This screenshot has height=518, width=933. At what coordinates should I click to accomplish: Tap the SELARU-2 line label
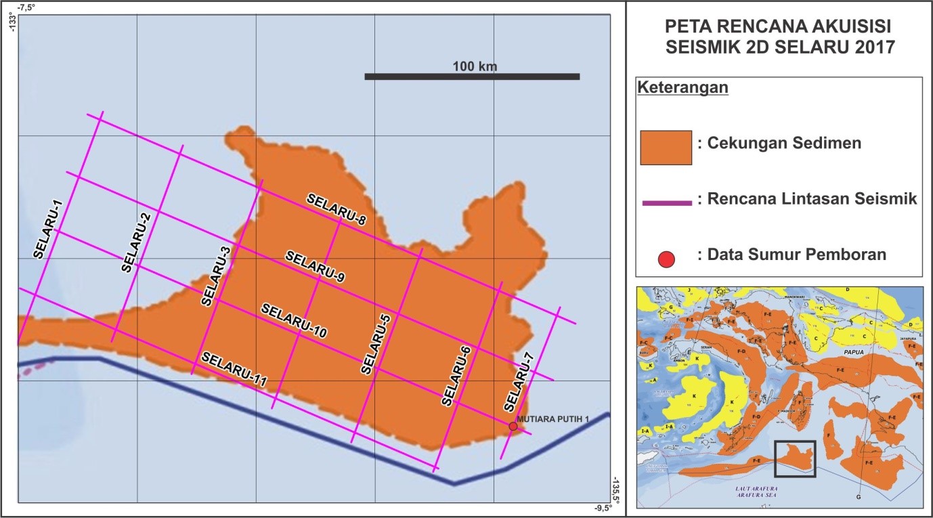(137, 242)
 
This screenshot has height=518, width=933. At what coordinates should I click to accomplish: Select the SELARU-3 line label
(216, 276)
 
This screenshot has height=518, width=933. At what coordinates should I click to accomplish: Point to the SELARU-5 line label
(376, 345)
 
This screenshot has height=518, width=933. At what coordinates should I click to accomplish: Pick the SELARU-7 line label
(519, 387)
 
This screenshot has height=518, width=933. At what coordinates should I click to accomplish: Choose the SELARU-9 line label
(316, 266)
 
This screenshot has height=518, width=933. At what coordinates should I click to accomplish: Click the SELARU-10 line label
(294, 320)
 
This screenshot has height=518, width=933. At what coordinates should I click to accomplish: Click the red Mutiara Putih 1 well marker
(513, 426)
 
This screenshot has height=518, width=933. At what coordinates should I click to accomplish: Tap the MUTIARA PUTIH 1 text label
(554, 419)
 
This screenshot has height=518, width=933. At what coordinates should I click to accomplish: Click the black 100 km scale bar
(472, 77)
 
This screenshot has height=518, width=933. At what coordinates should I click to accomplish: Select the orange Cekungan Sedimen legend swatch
(666, 148)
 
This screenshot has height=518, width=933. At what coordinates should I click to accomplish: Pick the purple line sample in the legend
(666, 202)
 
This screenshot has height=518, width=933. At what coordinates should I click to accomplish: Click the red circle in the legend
(667, 258)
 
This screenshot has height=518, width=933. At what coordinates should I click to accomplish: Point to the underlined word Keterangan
(683, 89)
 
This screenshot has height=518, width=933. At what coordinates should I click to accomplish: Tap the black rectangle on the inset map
(794, 459)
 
